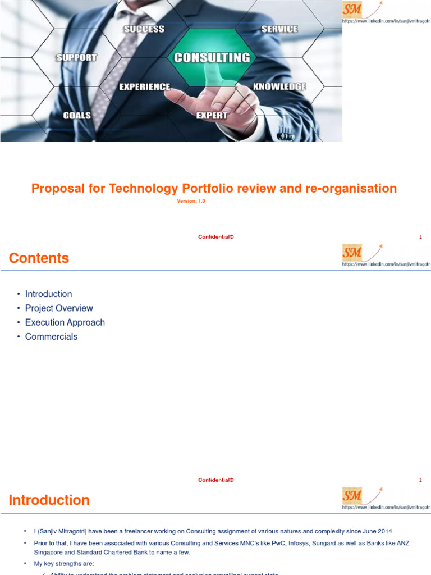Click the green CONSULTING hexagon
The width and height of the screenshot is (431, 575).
coord(212,57)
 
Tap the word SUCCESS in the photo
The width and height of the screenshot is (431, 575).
coord(144,29)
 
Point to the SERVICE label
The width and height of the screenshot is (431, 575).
coord(279,29)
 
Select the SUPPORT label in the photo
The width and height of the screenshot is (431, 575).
coord(77,57)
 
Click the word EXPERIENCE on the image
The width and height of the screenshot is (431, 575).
coord(144,86)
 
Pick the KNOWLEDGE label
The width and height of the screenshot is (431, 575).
coord(279,86)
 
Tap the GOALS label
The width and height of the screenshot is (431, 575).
coord(77,116)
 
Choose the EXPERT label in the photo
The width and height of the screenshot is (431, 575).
coord(212,116)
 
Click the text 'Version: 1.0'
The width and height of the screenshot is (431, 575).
coord(191,201)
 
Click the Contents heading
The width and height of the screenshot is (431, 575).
coord(39,258)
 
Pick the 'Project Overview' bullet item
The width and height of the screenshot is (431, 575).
coord(59,308)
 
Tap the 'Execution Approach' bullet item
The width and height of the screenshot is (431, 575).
coord(65,322)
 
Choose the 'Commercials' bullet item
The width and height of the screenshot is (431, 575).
coord(51,336)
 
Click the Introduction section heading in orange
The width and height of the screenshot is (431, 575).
coord(49,500)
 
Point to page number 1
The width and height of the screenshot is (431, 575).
coord(420,237)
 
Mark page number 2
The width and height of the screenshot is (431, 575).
coord(420,480)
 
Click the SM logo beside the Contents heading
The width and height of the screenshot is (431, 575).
coord(353,253)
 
